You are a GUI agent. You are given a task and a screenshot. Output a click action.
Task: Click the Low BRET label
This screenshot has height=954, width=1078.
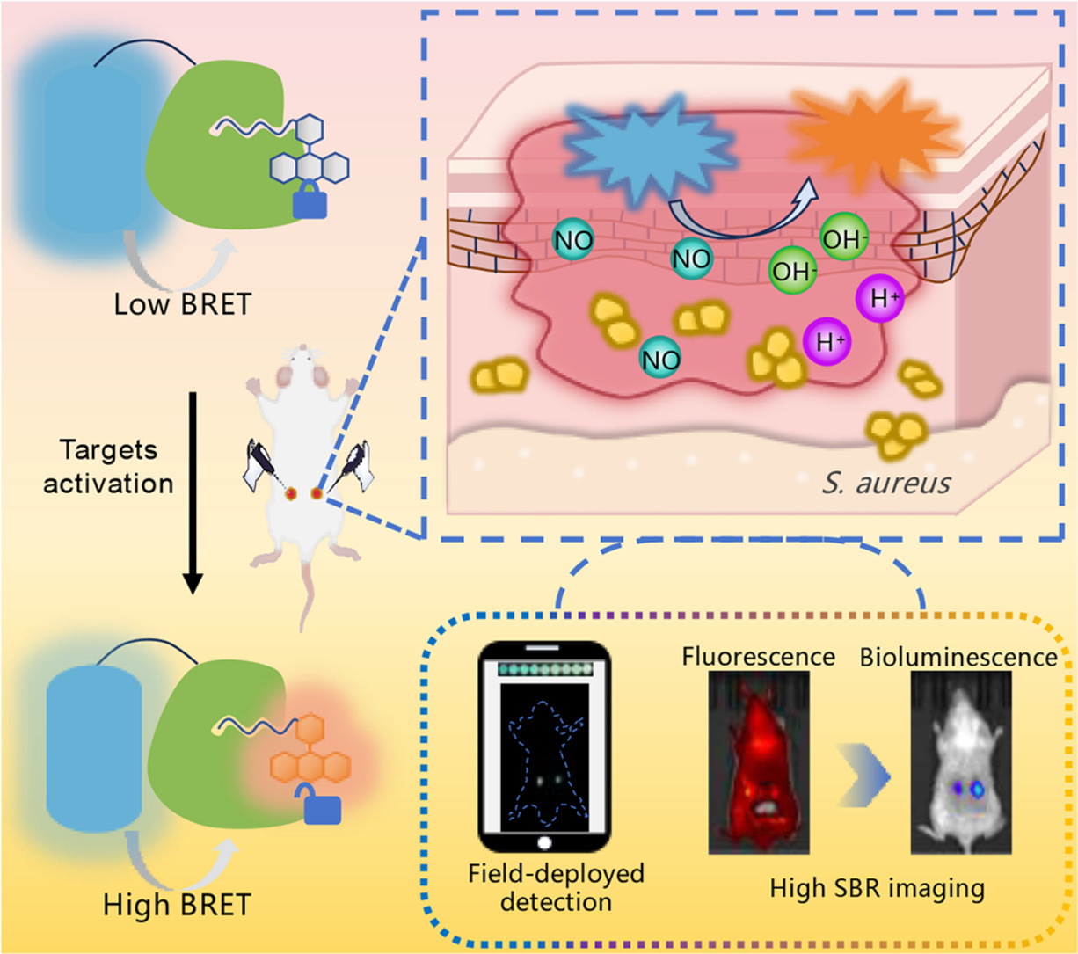(183, 303)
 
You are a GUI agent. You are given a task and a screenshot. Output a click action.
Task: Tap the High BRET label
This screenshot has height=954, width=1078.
(178, 904)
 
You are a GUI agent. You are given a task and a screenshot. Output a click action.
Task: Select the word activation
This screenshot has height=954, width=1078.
(109, 483)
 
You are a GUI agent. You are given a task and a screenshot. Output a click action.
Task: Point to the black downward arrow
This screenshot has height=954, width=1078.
(193, 492)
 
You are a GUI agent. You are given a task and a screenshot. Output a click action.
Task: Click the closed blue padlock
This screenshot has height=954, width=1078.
(309, 203)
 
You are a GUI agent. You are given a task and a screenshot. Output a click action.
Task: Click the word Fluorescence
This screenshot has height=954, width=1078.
(758, 656)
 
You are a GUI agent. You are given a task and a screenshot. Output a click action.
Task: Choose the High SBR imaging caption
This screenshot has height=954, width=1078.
(877, 888)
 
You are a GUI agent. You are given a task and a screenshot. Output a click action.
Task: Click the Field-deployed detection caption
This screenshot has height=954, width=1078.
(556, 888)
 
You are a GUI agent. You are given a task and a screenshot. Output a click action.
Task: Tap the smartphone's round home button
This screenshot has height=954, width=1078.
(543, 842)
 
